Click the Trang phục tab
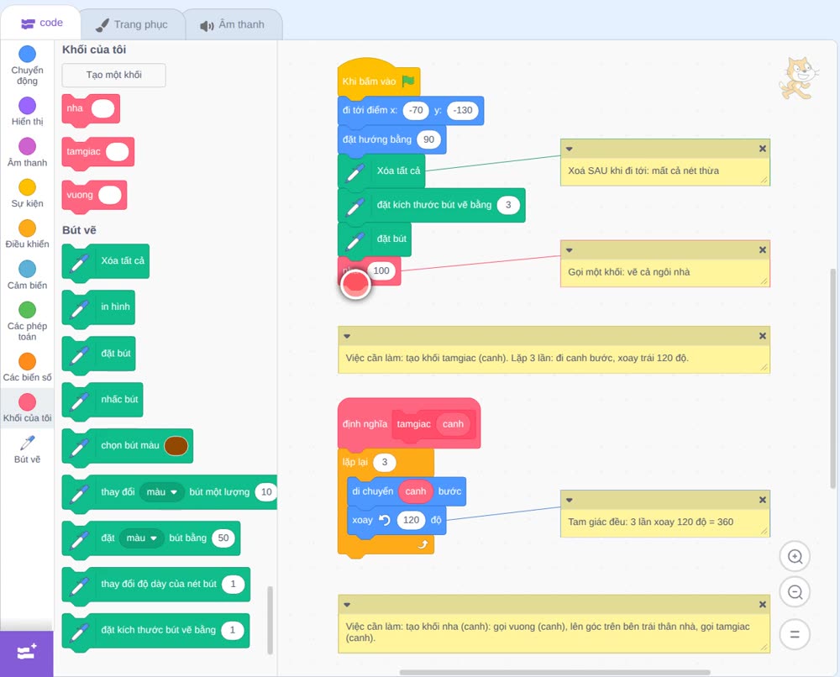(x=132, y=24)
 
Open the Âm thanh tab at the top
(x=233, y=24)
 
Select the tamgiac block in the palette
(x=97, y=153)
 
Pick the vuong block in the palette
(x=94, y=196)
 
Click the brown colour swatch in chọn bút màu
(x=176, y=446)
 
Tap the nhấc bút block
(x=102, y=400)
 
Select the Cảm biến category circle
(x=28, y=269)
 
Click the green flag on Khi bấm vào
(x=408, y=81)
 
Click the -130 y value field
(x=462, y=110)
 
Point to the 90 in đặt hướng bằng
(x=428, y=139)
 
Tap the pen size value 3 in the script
(x=508, y=205)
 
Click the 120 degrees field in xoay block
(x=411, y=520)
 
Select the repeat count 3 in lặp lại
(x=384, y=462)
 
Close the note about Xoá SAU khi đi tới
(x=763, y=149)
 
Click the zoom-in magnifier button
(x=795, y=557)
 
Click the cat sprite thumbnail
(x=798, y=78)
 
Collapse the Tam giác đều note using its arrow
(x=570, y=501)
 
